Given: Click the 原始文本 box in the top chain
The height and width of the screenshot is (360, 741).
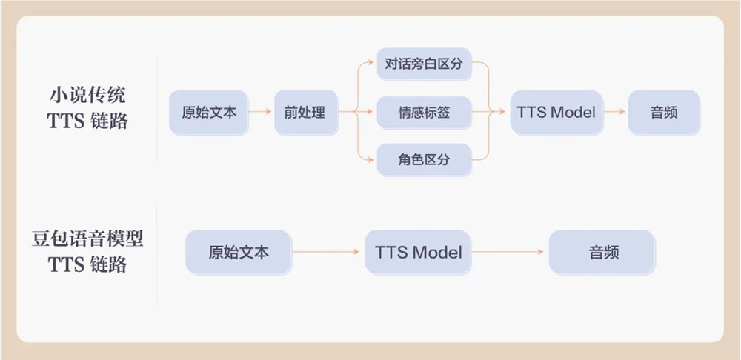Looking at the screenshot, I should point(208,113).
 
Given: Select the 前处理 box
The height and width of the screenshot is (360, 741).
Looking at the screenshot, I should point(305,113).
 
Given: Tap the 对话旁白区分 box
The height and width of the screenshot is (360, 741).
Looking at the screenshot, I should point(424,64).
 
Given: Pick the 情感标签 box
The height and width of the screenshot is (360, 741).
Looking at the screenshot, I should point(424,113).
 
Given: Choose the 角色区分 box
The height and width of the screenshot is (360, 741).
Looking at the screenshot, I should point(424,159).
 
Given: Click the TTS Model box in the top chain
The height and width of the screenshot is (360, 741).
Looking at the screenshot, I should point(556,113).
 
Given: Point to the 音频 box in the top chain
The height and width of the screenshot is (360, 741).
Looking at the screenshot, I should point(664,113).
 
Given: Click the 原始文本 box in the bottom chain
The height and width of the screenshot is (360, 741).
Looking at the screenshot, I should point(238,252).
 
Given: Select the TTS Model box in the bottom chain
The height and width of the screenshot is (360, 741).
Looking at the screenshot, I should point(418,252).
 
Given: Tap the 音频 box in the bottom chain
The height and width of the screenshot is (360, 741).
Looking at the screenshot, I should point(602,252).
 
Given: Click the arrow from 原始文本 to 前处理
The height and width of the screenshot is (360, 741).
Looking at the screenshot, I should point(260,113).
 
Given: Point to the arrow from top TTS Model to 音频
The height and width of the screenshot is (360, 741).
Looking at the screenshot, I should point(615,113).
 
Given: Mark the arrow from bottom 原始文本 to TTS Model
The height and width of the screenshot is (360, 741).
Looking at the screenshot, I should point(328,252).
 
